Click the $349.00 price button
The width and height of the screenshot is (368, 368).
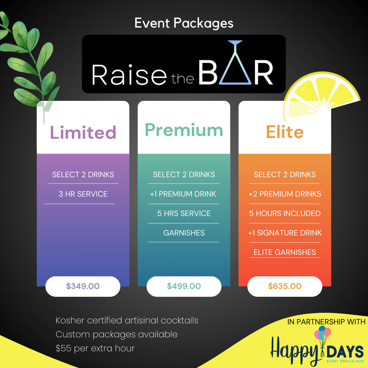(x=83, y=286)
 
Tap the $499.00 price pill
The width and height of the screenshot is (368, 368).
(x=184, y=286)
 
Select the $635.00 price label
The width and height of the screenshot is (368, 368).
(x=285, y=286)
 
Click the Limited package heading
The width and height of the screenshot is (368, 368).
(x=83, y=132)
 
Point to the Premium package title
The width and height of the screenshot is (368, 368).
(x=184, y=130)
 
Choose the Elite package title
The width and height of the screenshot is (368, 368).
(x=285, y=132)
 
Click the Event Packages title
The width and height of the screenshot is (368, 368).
(x=184, y=23)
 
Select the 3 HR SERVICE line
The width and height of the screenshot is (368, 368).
(x=83, y=194)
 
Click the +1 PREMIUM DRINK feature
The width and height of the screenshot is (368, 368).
(x=183, y=194)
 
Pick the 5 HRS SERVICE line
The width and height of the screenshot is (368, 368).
(x=184, y=214)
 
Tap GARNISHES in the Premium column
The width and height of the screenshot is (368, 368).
(x=184, y=233)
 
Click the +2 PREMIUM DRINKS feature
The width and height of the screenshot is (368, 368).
(x=285, y=194)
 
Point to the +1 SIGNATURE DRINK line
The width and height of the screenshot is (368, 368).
(x=285, y=233)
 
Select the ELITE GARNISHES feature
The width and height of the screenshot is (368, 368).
(x=285, y=252)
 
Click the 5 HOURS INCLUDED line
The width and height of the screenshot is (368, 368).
(x=285, y=214)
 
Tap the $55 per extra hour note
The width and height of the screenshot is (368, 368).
(x=95, y=348)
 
